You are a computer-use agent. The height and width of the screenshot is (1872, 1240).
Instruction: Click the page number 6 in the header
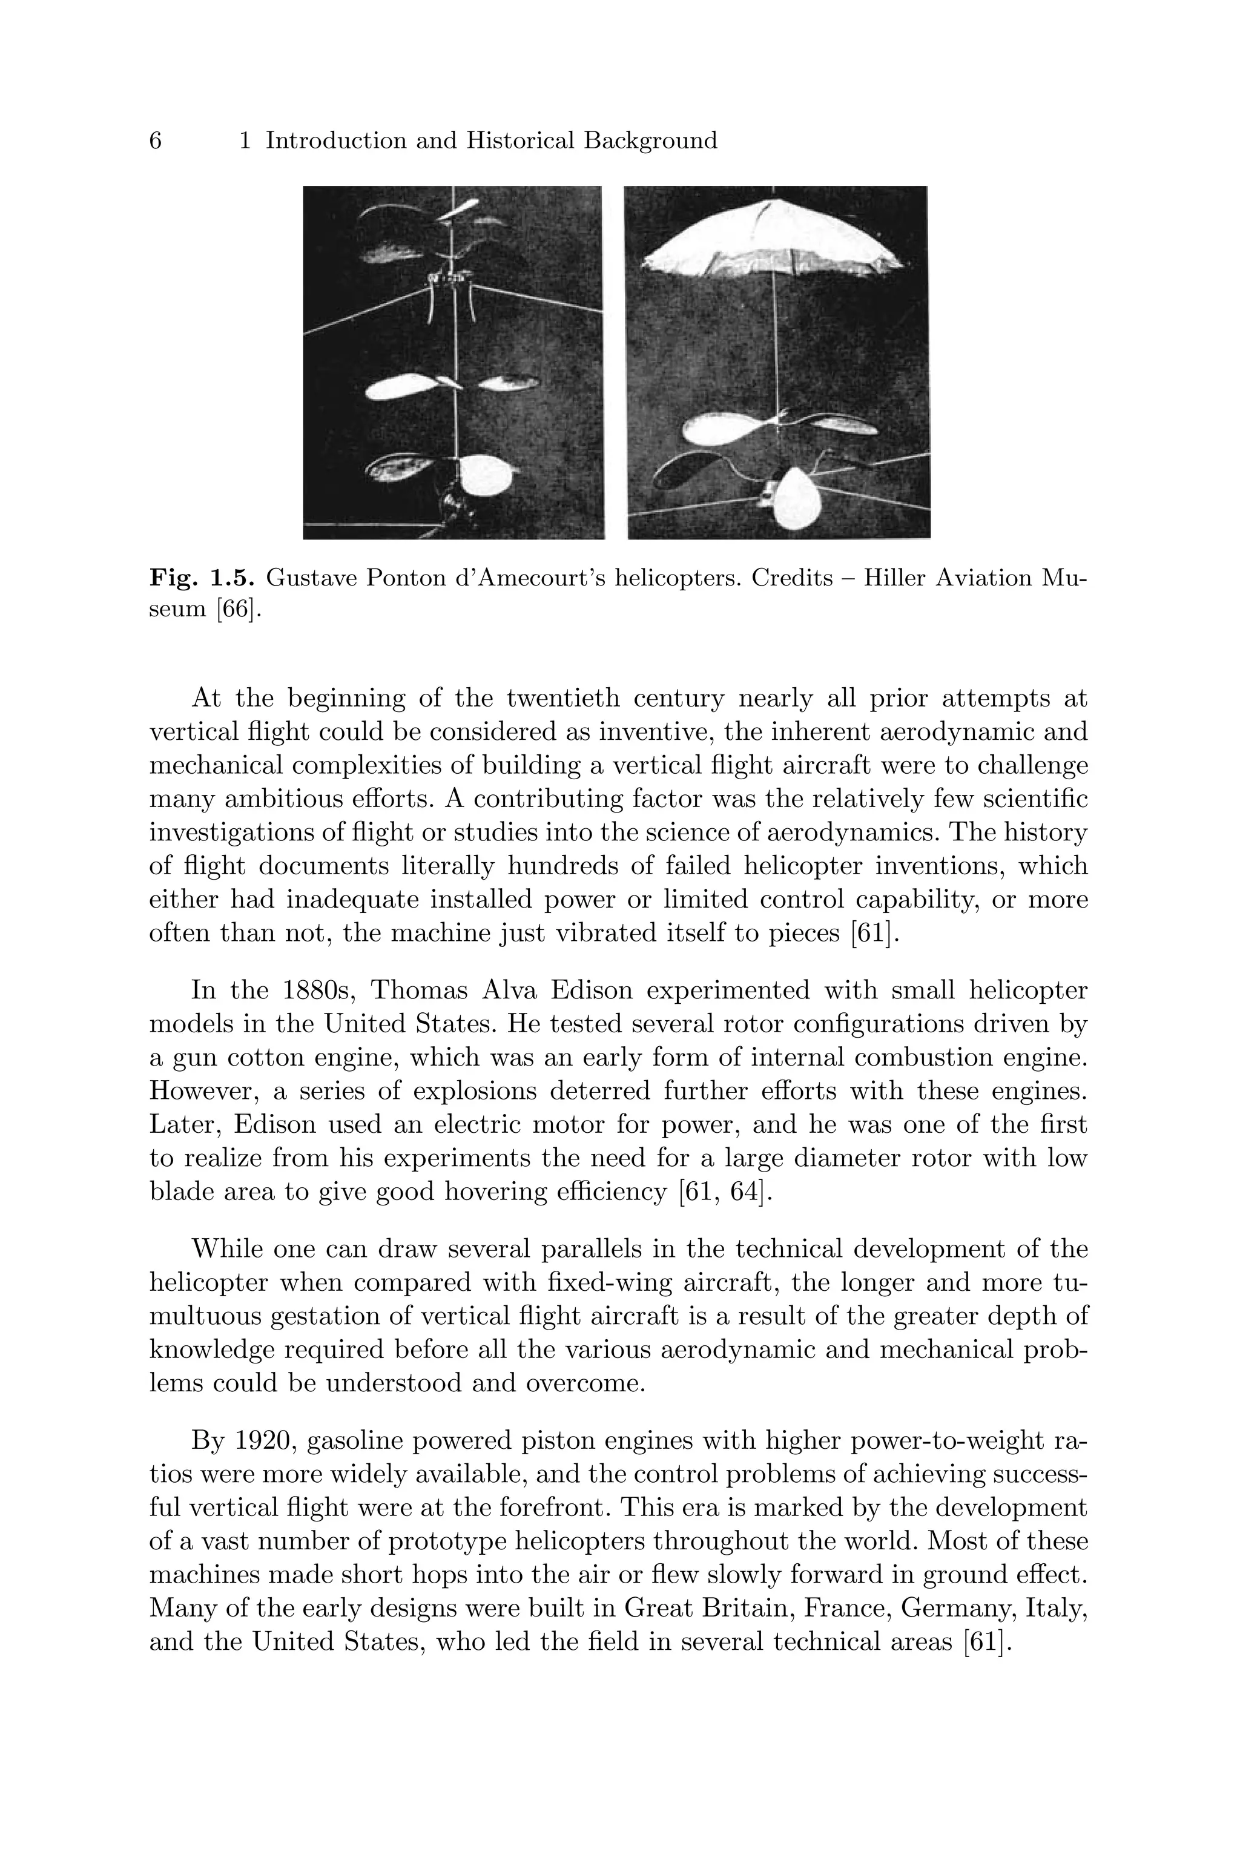point(156,142)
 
